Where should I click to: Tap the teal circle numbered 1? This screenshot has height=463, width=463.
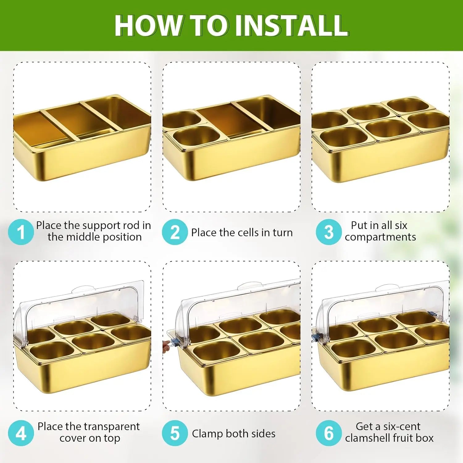[x=21, y=232]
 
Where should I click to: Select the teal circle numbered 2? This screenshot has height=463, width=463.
[x=175, y=232]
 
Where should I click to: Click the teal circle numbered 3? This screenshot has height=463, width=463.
[x=329, y=232]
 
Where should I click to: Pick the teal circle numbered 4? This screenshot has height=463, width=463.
[x=21, y=433]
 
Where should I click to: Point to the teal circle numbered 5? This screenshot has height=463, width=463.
[x=175, y=433]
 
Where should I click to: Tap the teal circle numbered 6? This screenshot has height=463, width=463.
[x=329, y=433]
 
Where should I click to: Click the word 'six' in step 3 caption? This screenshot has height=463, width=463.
[x=401, y=225]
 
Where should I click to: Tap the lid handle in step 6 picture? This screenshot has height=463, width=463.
[x=387, y=288]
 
